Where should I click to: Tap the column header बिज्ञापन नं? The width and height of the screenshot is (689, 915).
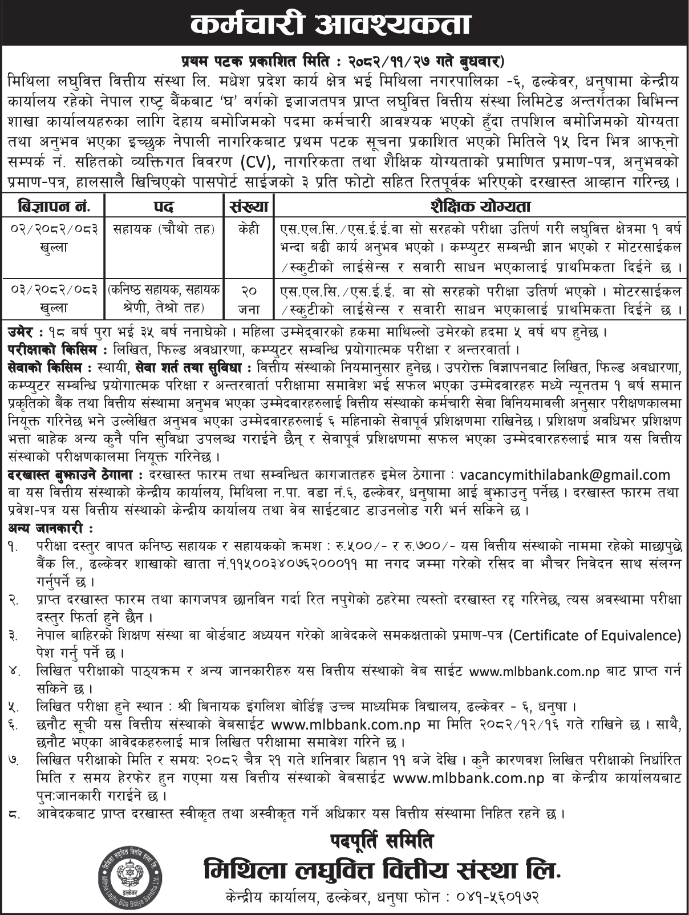[x=54, y=205]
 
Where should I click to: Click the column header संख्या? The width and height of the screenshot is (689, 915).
[x=249, y=205]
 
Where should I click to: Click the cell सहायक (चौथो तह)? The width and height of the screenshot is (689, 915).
[x=164, y=229]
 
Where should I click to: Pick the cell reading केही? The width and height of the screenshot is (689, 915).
[x=249, y=229]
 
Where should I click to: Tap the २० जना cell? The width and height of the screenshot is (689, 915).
[x=249, y=299]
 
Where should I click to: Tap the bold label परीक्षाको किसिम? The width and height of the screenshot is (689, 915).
[x=54, y=349]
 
